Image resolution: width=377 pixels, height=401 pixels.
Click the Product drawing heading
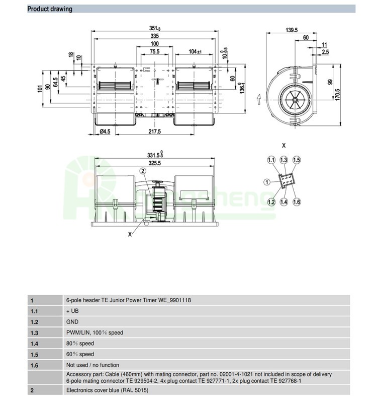coord(50,9)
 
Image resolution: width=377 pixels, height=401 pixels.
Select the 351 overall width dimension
coord(155,28)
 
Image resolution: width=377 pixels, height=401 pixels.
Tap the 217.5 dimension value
coord(155,131)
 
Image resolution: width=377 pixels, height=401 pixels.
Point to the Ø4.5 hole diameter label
coord(105,131)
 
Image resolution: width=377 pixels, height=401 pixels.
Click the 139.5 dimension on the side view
coord(292,30)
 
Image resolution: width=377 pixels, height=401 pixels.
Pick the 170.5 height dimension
coord(337,95)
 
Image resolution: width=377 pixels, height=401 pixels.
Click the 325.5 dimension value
coord(155,163)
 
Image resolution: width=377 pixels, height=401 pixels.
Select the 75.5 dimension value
coord(155,51)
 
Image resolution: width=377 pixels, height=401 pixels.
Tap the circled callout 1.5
coord(297,160)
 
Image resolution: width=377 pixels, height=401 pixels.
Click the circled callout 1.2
coord(271,202)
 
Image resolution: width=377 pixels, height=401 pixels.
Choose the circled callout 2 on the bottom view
coord(143,171)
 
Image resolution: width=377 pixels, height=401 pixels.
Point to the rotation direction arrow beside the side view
coord(259,99)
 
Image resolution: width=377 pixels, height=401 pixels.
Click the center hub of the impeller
coord(296,100)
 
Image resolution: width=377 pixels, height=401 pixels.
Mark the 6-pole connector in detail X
coord(287,180)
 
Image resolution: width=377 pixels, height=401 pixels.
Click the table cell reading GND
coord(72,322)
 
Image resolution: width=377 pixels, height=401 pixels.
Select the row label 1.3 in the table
coord(34,333)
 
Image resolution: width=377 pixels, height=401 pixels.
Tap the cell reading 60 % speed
coord(80,355)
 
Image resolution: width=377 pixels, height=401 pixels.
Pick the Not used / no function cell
coord(92,365)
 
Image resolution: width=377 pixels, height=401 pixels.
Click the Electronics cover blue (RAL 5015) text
coord(107,390)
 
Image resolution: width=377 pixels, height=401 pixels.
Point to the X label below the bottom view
coord(130,234)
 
